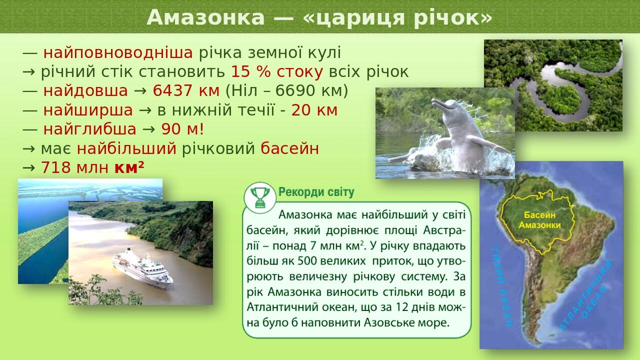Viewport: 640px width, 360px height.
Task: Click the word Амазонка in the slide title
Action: click(205, 17)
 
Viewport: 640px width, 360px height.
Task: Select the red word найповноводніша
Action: click(118, 53)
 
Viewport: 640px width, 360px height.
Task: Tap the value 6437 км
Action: click(186, 91)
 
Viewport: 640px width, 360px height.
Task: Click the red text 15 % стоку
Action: click(277, 72)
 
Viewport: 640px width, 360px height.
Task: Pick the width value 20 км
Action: click(314, 110)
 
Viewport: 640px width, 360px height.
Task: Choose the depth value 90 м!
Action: click(182, 129)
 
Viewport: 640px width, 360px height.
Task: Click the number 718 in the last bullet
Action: click(56, 167)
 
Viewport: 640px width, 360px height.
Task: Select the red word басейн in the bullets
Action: click(290, 148)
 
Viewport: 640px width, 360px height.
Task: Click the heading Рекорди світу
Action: click(316, 192)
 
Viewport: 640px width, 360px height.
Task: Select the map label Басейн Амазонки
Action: click(539, 220)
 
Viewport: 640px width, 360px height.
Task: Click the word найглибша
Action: click(89, 129)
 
